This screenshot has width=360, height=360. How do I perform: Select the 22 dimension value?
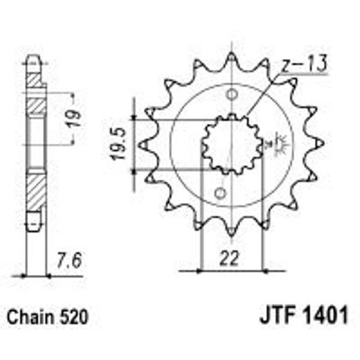coord(230,258)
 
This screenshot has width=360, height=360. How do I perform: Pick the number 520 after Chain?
coord(73,318)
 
